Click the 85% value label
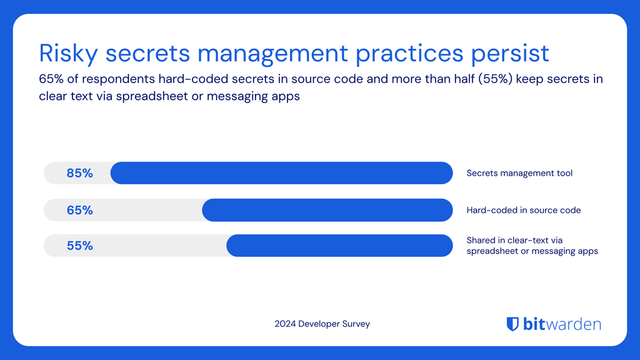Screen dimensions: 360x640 80,173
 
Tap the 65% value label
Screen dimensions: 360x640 80,210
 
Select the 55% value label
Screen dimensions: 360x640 80,246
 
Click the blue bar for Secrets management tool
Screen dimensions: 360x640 281,173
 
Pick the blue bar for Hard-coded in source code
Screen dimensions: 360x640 327,210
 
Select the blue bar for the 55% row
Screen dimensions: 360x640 339,246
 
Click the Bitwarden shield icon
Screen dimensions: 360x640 512,323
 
